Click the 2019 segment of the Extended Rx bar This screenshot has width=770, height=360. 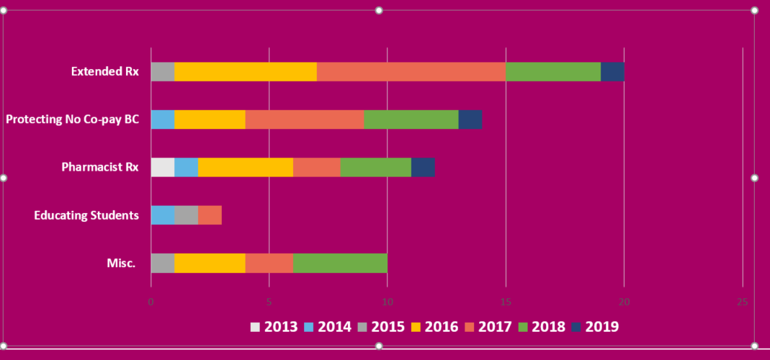tap(612, 72)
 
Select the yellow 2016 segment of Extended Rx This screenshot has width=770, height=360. tap(245, 72)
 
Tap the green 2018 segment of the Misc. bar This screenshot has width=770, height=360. tap(340, 264)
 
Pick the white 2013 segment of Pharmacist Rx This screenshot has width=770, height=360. tap(163, 167)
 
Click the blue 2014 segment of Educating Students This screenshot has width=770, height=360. tap(163, 215)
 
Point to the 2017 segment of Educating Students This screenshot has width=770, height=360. tap(210, 215)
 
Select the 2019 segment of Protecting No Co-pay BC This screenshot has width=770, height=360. tap(470, 120)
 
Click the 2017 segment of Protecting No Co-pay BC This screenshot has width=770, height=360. tap(305, 120)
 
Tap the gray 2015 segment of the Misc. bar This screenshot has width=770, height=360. tap(163, 264)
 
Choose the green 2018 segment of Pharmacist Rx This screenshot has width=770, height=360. tap(375, 167)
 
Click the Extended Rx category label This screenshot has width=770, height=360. tap(104, 72)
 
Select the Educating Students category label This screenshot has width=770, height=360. tap(86, 215)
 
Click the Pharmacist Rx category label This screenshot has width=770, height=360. tap(99, 167)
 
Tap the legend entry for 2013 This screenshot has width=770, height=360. tap(274, 327)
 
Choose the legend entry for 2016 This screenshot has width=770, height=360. tap(434, 327)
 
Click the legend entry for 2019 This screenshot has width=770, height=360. tap(594, 327)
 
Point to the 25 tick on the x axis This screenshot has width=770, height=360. tap(742, 302)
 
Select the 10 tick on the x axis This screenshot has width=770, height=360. tap(388, 302)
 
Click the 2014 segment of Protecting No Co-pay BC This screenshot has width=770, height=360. tap(163, 120)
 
